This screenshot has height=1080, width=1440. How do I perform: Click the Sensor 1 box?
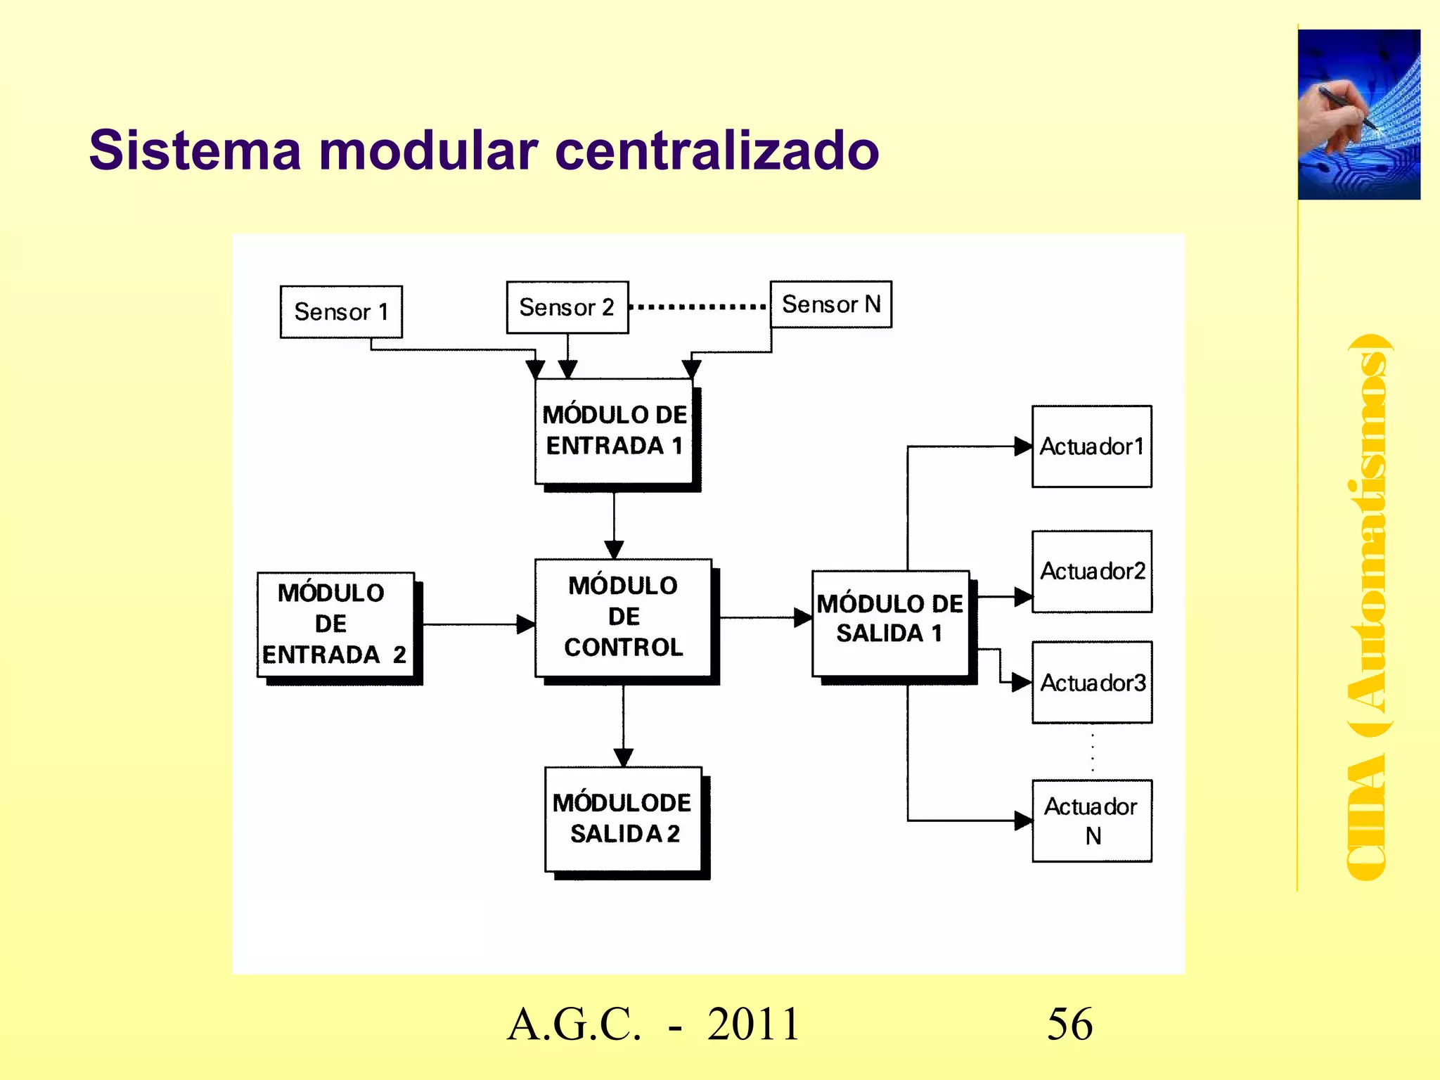[341, 311]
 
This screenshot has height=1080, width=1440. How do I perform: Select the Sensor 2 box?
[567, 307]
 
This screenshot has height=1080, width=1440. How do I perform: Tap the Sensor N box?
[830, 304]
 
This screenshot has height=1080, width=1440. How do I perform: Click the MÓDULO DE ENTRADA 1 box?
[614, 431]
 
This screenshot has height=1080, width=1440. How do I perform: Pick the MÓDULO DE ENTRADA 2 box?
[335, 624]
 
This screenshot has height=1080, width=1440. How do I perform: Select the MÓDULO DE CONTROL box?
[623, 617]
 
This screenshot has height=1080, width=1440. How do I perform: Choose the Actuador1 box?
[1091, 446]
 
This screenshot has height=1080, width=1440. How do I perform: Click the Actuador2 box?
[1091, 571]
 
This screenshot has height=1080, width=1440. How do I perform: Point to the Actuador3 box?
[1091, 682]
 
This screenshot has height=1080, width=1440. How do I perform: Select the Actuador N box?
[1091, 821]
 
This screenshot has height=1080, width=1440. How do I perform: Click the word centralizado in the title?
[716, 150]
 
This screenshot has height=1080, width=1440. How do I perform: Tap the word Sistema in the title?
[195, 150]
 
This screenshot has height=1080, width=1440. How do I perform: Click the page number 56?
[1069, 1024]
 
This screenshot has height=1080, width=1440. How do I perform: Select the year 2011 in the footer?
[754, 1024]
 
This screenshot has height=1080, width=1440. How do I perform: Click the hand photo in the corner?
[1358, 115]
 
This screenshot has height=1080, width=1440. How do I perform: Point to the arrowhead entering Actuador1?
[1023, 446]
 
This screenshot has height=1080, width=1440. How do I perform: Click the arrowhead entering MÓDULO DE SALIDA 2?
[623, 758]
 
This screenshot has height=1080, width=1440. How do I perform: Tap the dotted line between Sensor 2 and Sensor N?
[698, 307]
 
